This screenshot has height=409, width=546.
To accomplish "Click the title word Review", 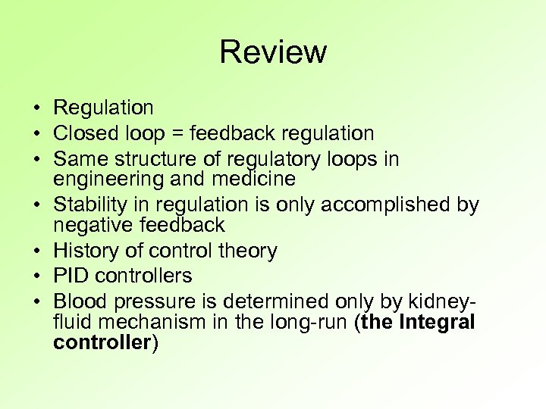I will pos(273,52).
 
